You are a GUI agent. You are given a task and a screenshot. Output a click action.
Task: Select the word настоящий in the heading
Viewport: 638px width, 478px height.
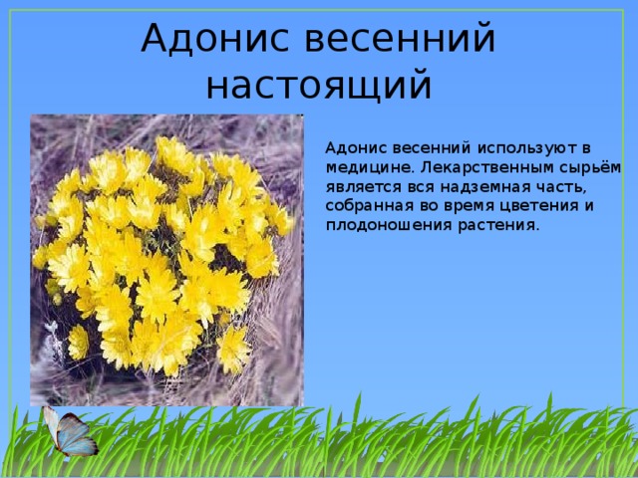coord(319,87)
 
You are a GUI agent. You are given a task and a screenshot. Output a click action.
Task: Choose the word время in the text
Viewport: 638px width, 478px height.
coord(466,206)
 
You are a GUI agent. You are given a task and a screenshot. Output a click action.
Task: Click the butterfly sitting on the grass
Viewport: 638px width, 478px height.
coord(69,432)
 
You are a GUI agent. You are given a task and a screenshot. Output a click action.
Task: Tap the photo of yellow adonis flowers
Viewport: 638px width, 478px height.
coord(166,260)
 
